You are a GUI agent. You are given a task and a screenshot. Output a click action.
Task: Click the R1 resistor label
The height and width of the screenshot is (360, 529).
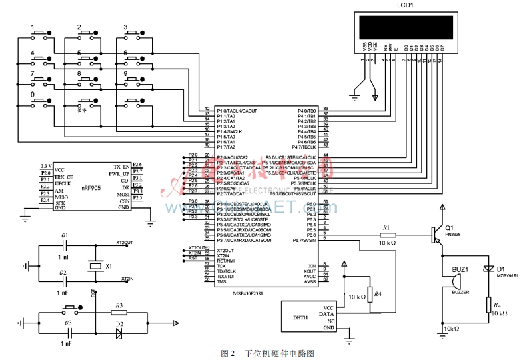coord(386,227)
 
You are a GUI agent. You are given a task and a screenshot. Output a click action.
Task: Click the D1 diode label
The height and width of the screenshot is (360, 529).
coord(501,268)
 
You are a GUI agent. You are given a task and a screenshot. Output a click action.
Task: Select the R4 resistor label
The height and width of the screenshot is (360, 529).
coord(378,294)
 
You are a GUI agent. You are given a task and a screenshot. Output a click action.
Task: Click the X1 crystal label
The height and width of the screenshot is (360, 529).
coord(109,266)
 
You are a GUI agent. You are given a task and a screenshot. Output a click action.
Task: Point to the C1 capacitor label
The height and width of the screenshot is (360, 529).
coord(64,236)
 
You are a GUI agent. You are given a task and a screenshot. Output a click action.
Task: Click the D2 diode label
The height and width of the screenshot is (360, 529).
coord(119,324)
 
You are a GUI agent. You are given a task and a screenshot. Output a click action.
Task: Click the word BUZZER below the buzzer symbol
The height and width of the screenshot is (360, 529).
coord(460,291)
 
